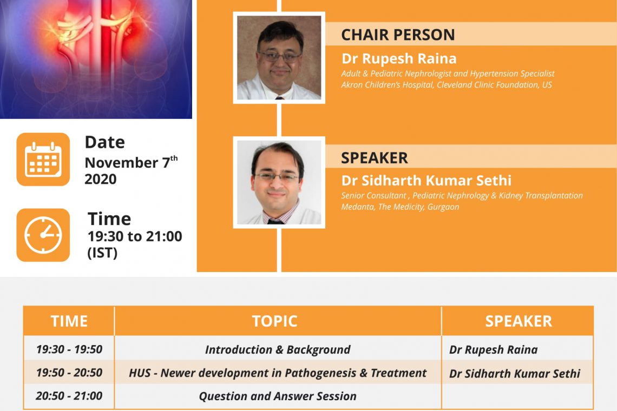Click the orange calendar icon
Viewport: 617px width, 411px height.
point(43,160)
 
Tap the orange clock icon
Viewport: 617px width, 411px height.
point(43,235)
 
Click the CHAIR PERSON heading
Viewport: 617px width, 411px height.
point(398,35)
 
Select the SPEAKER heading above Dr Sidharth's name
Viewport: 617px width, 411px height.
point(374,158)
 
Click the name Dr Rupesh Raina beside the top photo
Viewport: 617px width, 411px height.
point(399,58)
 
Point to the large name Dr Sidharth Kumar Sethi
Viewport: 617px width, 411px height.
point(426,181)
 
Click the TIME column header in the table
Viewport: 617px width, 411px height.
point(69,321)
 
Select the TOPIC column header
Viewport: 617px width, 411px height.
point(274,321)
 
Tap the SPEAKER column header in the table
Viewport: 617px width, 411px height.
point(518,321)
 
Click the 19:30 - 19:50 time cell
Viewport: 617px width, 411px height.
point(69,349)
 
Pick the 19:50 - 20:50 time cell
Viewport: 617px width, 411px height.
point(69,373)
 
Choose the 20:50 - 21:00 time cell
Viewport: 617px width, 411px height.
point(69,396)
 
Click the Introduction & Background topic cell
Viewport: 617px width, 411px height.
point(278,350)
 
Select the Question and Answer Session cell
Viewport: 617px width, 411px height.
point(278,396)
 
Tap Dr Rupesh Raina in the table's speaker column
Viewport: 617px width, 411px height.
point(494,350)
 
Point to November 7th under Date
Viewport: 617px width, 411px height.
point(131,162)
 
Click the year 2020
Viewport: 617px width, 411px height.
point(101,179)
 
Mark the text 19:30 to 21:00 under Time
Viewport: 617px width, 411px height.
point(135,236)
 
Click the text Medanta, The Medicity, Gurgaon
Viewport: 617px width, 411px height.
point(400,207)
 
